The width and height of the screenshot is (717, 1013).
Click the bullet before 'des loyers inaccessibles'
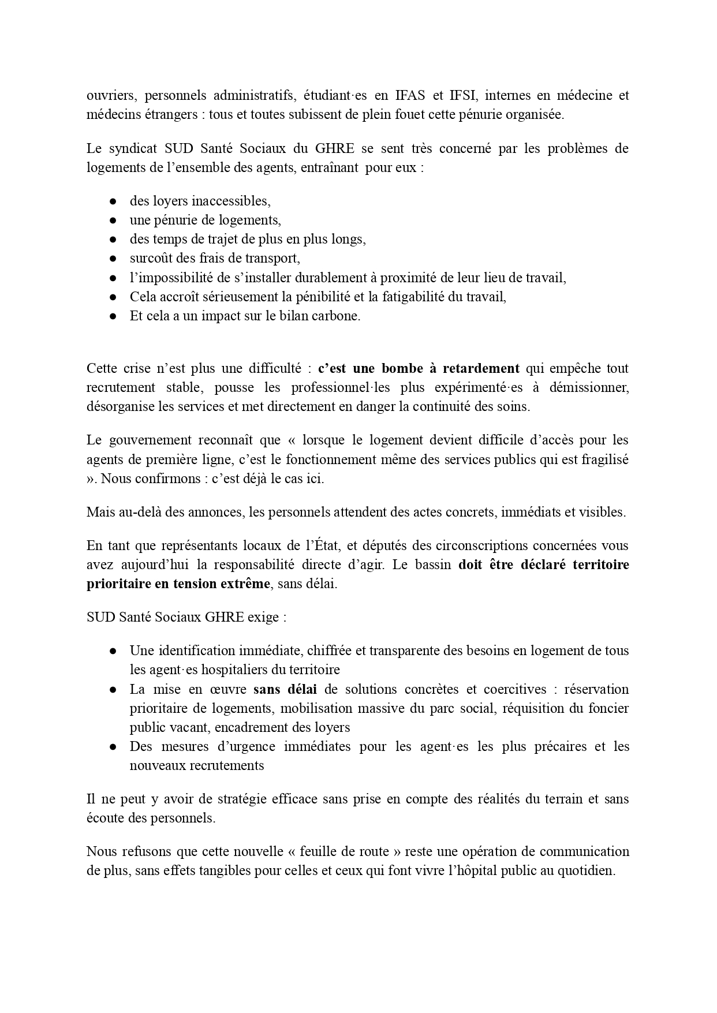[114, 201]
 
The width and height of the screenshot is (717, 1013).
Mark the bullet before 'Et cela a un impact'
[114, 316]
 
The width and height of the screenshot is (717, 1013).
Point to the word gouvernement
[151, 440]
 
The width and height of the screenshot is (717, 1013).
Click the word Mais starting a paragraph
[99, 512]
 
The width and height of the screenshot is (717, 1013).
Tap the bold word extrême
[245, 583]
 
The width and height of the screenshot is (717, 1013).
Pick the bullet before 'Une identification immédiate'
[114, 651]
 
